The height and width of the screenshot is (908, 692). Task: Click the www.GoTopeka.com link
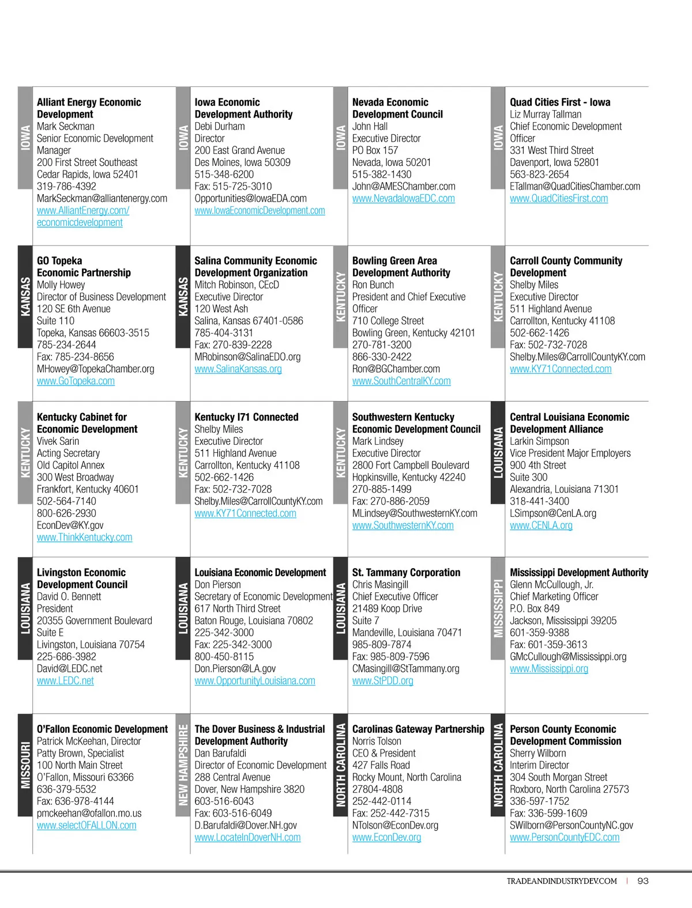76,381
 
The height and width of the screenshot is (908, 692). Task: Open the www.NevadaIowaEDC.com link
403,198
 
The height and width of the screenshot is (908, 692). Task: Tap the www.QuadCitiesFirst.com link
558,198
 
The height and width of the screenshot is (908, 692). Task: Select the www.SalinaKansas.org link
238,369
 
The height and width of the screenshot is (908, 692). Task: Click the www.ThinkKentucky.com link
84,537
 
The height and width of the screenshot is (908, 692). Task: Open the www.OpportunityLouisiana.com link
254,680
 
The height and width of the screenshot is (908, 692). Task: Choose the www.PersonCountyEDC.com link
564,837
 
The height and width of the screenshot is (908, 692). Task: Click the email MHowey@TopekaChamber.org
95,369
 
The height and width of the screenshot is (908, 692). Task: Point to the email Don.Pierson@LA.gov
235,668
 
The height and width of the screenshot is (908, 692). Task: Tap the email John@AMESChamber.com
403,186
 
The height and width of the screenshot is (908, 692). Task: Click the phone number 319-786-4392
66,186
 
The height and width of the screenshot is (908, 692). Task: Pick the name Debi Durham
219,126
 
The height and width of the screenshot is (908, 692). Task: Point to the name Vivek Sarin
58,441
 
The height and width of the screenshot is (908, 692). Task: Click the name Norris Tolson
376,741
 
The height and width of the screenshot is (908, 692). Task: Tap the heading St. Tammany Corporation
406,572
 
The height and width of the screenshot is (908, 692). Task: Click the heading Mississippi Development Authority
578,572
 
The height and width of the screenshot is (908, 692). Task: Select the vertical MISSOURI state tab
25,765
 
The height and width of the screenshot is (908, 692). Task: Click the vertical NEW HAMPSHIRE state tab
183,765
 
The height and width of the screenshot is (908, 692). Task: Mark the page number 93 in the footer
643,881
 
